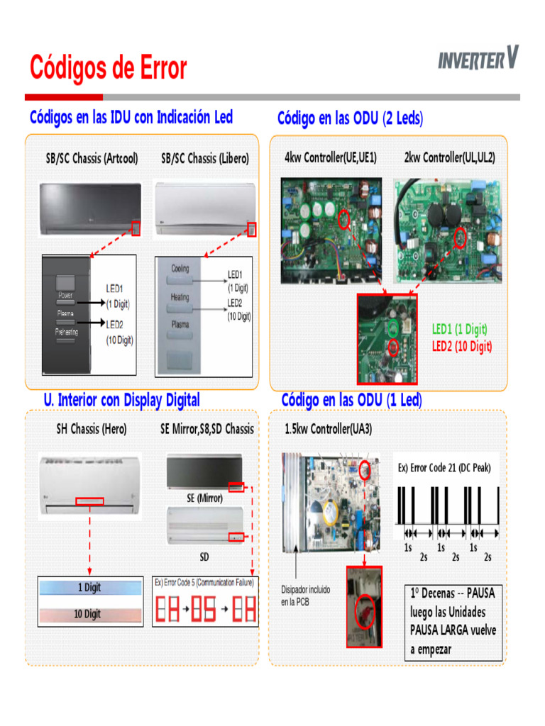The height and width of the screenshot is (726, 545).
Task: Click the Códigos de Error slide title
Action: [109, 69]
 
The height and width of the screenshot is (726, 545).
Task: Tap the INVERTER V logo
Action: [478, 59]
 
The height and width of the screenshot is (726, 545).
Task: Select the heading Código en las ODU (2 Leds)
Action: [350, 118]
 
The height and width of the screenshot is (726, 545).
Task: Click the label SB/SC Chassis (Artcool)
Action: [92, 159]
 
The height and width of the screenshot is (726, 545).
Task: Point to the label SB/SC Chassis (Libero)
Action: [205, 159]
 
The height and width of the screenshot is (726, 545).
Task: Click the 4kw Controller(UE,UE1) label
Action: [330, 157]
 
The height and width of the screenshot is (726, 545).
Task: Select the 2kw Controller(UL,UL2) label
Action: [449, 157]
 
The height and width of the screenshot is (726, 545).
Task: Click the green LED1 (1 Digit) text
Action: [459, 329]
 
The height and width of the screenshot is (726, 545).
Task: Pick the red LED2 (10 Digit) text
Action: [461, 346]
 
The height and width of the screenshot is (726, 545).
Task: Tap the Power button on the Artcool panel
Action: [65, 295]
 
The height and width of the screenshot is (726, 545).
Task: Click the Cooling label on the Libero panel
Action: [180, 269]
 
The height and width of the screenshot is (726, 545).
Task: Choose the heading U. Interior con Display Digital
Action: [121, 400]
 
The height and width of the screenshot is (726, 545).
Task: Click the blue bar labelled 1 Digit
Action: [89, 588]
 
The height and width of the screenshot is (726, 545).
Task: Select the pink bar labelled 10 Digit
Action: [89, 614]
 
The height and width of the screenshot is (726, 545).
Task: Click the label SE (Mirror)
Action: [204, 498]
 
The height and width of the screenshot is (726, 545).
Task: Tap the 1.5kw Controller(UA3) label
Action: [328, 429]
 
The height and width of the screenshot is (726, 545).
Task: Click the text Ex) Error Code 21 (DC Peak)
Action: [444, 468]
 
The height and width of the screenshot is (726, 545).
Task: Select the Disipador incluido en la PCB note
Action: [305, 596]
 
